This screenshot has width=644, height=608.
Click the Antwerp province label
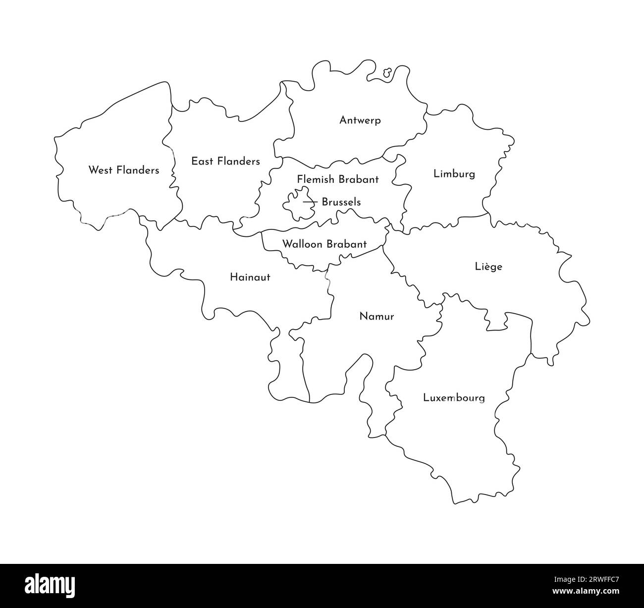coord(360,120)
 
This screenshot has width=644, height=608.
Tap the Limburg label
coord(454,174)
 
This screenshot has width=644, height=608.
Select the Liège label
coord(488,267)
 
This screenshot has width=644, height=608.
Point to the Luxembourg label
coord(454,397)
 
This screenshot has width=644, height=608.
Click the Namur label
coord(376,316)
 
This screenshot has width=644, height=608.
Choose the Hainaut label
coord(250,277)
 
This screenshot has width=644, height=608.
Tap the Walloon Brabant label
coord(324,244)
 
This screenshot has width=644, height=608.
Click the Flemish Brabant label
coord(338,179)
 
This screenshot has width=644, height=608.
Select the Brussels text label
coord(341,202)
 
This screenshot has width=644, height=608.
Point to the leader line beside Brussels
coord(311,202)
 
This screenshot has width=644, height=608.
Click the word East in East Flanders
coord(202,161)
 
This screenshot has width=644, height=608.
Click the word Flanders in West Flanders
coord(137,170)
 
